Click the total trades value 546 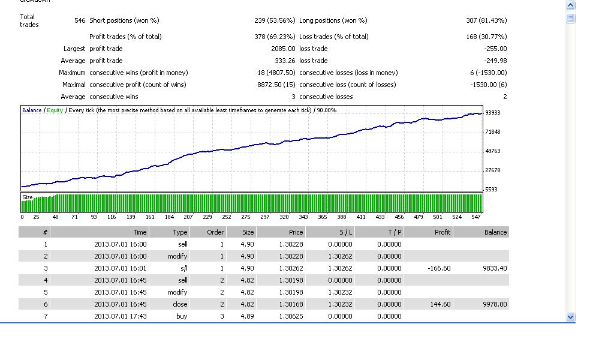pyautogui.click(x=80, y=20)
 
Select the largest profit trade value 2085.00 pyautogui.click(x=283, y=49)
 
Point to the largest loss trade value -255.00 pyautogui.click(x=495, y=49)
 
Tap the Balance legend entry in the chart pyautogui.click(x=32, y=110)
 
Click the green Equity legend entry pyautogui.click(x=55, y=110)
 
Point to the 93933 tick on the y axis pyautogui.click(x=493, y=112)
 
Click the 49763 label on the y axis pyautogui.click(x=493, y=151)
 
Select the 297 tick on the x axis pyautogui.click(x=265, y=217)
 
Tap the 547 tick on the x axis pyautogui.click(x=475, y=217)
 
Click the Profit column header pyautogui.click(x=443, y=232)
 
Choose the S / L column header pyautogui.click(x=346, y=232)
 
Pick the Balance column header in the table pyautogui.click(x=495, y=232)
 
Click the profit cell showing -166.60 pyautogui.click(x=439, y=268)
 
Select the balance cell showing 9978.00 pyautogui.click(x=495, y=304)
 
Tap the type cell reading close pyautogui.click(x=180, y=304)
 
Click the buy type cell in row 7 pyautogui.click(x=182, y=316)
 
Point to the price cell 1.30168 pyautogui.click(x=291, y=304)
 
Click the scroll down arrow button pyautogui.click(x=571, y=317)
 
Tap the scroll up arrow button pyautogui.click(x=571, y=5)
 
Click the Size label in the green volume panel pyautogui.click(x=28, y=197)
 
